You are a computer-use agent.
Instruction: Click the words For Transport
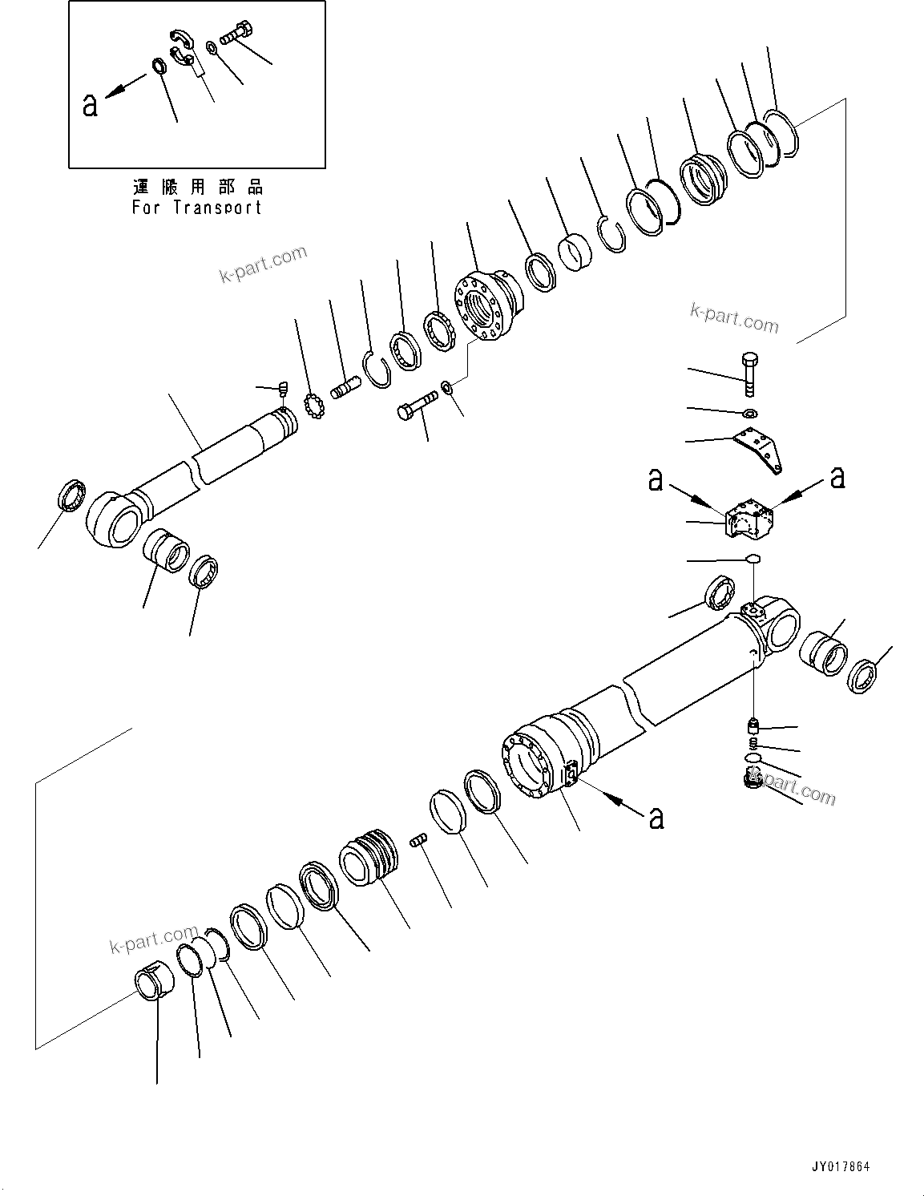pyautogui.click(x=197, y=208)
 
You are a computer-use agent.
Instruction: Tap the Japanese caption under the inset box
pyautogui.click(x=197, y=188)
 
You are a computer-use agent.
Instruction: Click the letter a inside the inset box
pyautogui.click(x=90, y=104)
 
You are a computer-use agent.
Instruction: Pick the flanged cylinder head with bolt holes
pyautogui.click(x=486, y=307)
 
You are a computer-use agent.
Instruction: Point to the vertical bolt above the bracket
pyautogui.click(x=749, y=374)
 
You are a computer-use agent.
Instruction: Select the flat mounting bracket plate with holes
pyautogui.click(x=761, y=450)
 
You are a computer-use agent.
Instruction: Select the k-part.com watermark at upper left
pyautogui.click(x=263, y=265)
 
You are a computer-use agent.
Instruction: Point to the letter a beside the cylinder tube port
pyautogui.click(x=656, y=818)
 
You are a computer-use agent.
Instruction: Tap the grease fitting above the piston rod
pyautogui.click(x=282, y=389)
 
